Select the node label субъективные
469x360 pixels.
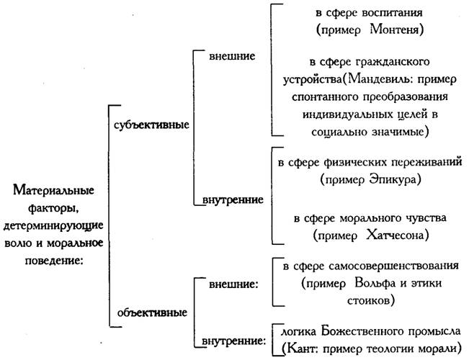coord(151,124)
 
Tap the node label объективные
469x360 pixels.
coord(150,312)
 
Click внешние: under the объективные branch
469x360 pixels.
coord(232,284)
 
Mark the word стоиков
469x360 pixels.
coord(368,300)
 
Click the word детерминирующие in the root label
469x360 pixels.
coord(50,226)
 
